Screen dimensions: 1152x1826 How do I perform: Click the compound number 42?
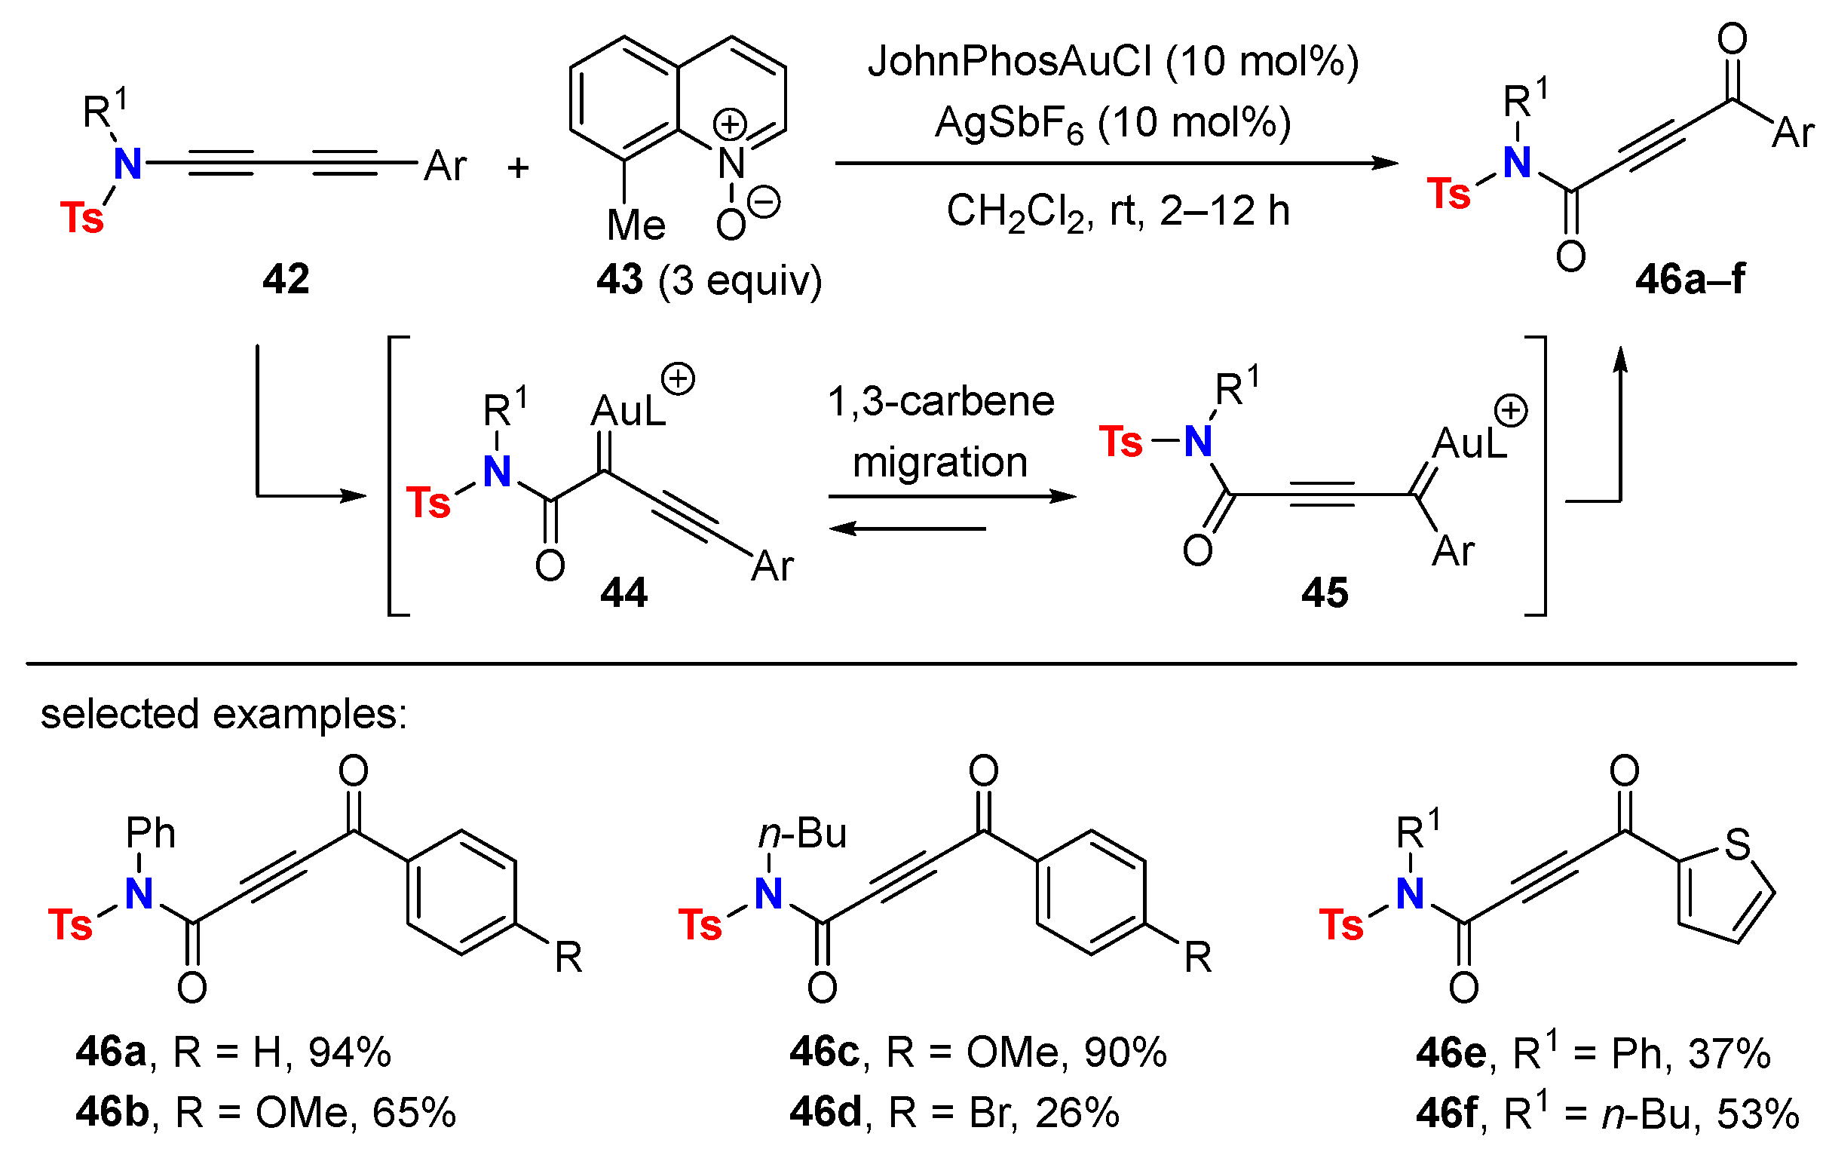click(286, 279)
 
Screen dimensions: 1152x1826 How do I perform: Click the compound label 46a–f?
click(1690, 279)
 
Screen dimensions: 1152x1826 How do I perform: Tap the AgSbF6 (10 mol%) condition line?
click(1114, 123)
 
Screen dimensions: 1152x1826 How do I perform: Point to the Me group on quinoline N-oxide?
click(636, 225)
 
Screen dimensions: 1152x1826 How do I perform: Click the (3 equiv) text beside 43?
click(740, 280)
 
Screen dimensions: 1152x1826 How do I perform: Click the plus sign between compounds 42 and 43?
click(518, 167)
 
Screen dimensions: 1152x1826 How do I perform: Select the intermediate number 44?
click(623, 592)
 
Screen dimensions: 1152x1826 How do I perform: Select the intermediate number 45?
click(1325, 592)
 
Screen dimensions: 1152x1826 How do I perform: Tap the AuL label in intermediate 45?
click(1469, 443)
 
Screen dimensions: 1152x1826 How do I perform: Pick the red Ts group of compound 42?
click(81, 218)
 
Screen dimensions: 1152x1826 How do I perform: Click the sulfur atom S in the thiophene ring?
click(1737, 844)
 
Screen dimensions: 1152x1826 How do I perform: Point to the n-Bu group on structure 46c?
click(802, 834)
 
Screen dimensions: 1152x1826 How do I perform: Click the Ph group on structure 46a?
click(150, 834)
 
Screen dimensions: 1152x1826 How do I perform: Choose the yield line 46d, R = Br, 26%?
click(954, 1113)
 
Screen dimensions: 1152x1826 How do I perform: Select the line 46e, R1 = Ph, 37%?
click(1592, 1052)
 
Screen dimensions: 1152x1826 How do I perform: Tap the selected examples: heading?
click(224, 714)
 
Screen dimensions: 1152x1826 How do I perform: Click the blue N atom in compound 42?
click(127, 163)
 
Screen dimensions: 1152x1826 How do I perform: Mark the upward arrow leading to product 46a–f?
click(1620, 424)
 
